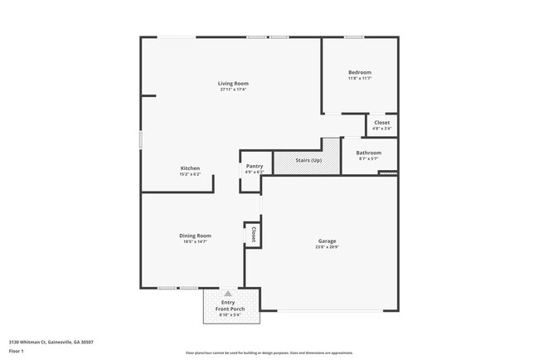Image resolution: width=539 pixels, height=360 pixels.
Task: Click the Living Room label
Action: coord(233,83)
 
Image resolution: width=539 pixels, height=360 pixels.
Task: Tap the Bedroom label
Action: coord(359,72)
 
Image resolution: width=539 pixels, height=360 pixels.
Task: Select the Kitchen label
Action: coord(190,168)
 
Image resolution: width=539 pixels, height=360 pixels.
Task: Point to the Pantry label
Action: coord(255,166)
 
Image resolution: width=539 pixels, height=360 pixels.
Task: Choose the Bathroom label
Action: coord(368,153)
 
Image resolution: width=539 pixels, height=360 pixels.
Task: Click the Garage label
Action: coord(327,241)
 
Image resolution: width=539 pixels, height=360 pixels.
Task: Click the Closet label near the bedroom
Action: coord(381,123)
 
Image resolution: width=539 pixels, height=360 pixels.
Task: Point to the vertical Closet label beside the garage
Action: coord(253,234)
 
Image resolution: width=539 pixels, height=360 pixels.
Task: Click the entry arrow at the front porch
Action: coord(228,293)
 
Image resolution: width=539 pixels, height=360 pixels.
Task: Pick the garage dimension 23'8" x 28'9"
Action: coord(327,247)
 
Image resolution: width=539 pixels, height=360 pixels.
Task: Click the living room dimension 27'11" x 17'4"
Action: coord(233,90)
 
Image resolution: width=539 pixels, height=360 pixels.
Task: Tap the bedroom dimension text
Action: coord(359,79)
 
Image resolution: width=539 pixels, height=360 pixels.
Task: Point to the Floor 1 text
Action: coord(17,351)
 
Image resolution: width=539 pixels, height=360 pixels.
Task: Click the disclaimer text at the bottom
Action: coord(269,353)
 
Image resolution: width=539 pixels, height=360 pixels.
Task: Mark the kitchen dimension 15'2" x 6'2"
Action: coord(190,174)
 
